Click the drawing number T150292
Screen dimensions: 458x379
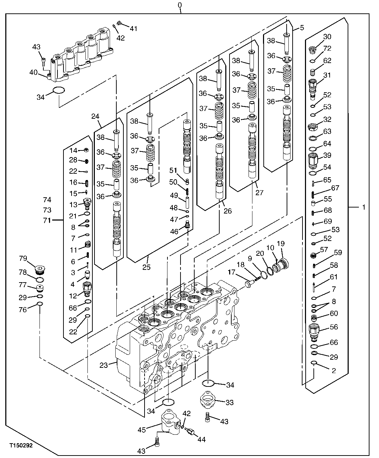(x=21, y=446)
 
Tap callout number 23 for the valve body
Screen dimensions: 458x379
(x=103, y=365)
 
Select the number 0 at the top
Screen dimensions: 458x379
(x=180, y=5)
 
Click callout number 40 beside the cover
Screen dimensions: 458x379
(x=33, y=73)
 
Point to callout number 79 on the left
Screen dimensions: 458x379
(x=23, y=259)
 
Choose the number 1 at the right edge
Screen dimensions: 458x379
(x=363, y=207)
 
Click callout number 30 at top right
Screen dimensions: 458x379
(x=327, y=37)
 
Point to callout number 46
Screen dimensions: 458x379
(x=174, y=231)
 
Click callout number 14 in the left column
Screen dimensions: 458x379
(x=73, y=150)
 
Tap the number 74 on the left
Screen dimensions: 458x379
(x=47, y=200)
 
